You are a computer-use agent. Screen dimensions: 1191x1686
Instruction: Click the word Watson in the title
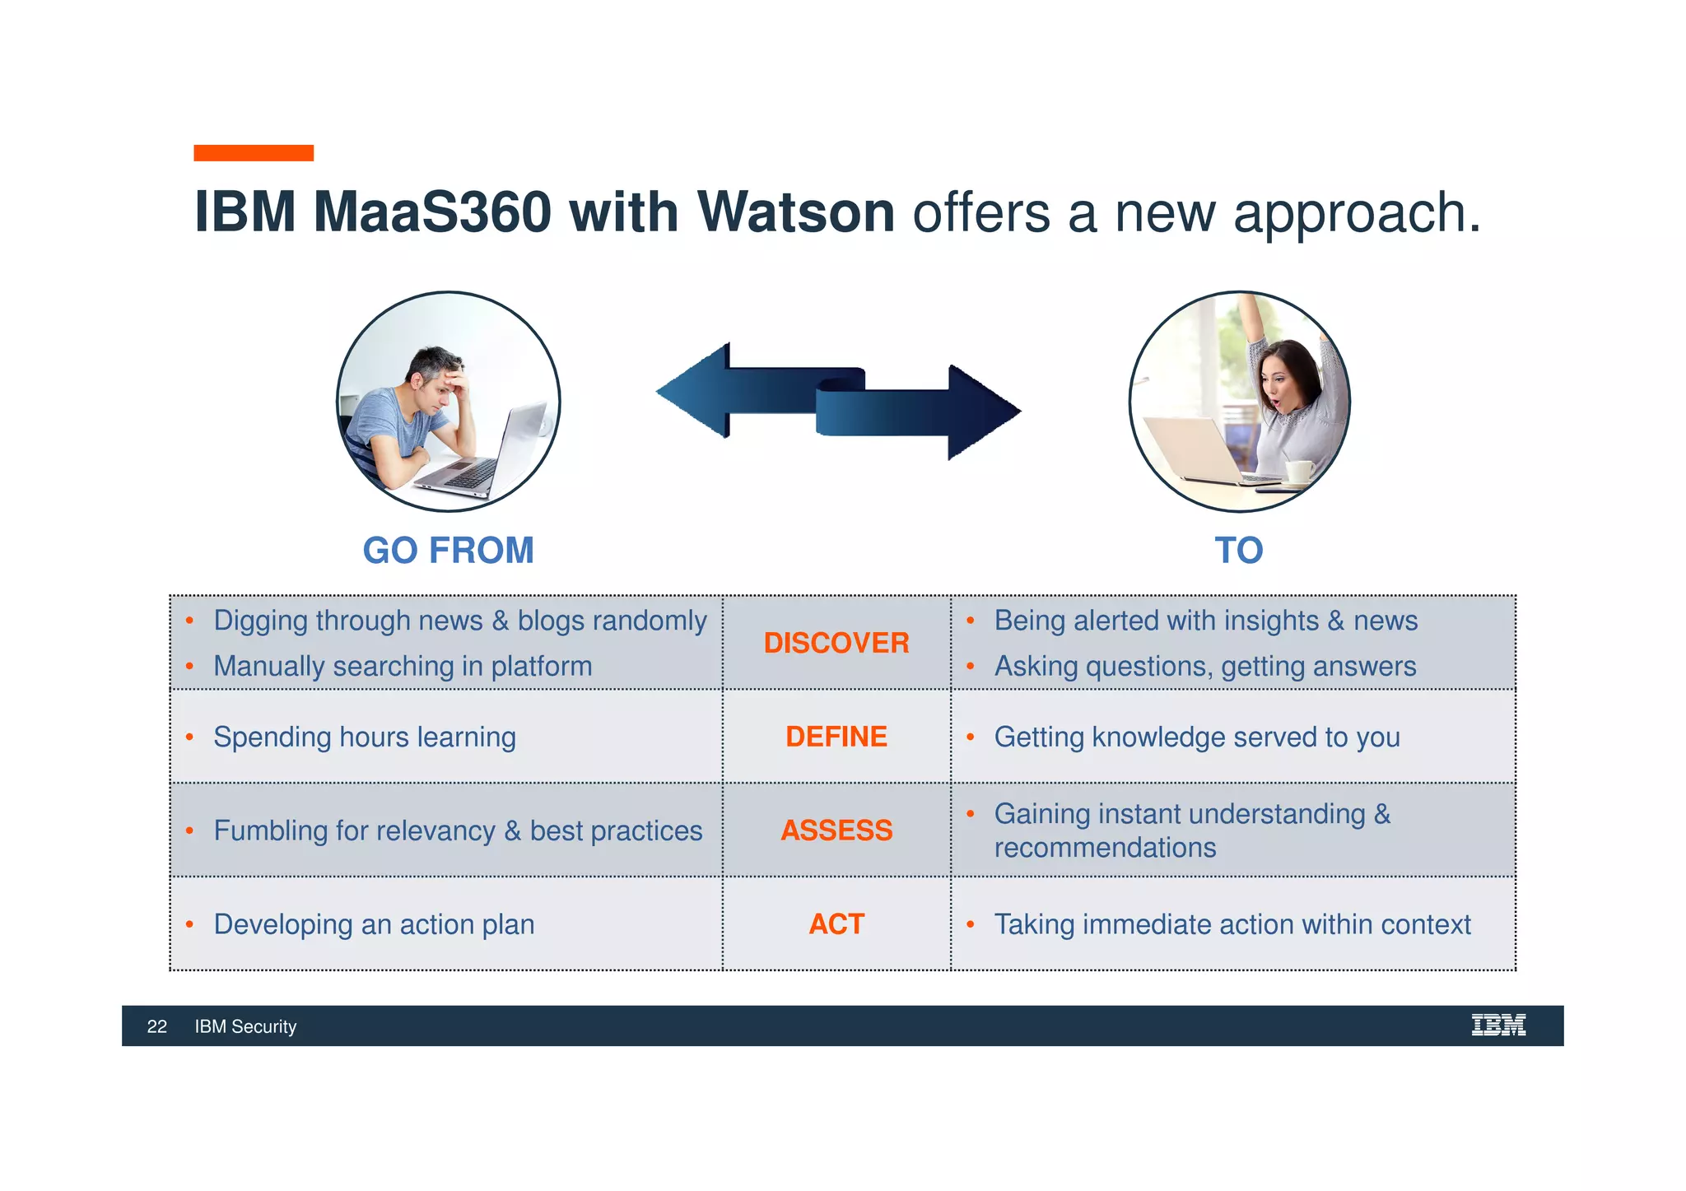click(795, 213)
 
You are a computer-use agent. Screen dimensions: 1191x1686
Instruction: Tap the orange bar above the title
click(254, 153)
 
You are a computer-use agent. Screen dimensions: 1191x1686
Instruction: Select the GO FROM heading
click(449, 551)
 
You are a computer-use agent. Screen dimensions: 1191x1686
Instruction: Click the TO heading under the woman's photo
click(1238, 551)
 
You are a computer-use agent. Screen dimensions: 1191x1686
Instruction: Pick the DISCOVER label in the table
click(836, 643)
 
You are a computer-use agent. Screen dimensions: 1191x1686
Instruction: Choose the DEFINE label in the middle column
click(836, 737)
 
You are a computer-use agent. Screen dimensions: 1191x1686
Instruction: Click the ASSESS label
click(836, 830)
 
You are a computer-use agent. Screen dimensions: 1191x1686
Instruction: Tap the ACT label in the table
click(836, 924)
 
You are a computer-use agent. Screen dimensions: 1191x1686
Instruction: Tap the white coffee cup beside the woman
click(1298, 471)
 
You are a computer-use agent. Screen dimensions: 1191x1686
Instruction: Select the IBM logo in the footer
click(1498, 1026)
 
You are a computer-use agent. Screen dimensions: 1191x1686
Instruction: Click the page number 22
click(156, 1026)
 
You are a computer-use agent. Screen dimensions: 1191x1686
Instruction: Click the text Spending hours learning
click(365, 737)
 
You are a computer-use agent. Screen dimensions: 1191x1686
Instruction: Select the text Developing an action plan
click(374, 924)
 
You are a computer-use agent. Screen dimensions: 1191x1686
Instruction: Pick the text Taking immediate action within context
click(1232, 924)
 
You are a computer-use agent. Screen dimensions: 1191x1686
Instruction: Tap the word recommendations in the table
click(1105, 848)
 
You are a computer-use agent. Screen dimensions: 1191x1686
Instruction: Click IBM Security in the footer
click(245, 1026)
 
